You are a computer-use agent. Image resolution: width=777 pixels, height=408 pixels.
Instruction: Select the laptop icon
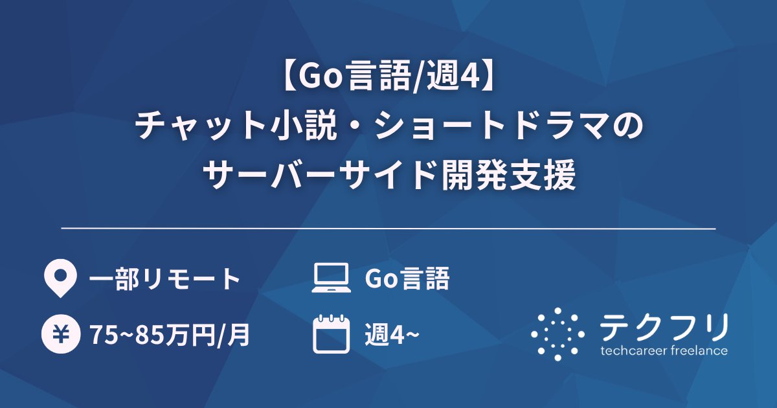click(330, 279)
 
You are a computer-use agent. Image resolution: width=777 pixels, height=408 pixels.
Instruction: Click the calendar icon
click(330, 334)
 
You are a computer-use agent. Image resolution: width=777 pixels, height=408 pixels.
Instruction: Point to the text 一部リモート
click(164, 279)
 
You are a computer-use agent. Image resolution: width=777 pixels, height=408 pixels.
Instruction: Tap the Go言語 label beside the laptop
click(407, 279)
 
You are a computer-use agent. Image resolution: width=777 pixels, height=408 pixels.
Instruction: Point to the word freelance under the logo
click(699, 351)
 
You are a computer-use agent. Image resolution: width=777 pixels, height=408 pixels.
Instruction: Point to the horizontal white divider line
click(388, 229)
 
